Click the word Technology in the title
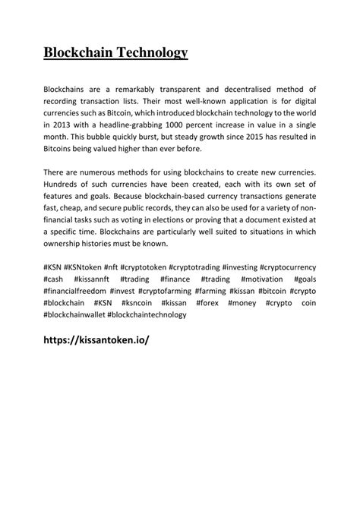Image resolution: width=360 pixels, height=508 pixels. coord(150,52)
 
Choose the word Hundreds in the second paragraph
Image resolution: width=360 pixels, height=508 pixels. coord(65,185)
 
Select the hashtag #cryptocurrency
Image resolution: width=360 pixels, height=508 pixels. coord(288,267)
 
